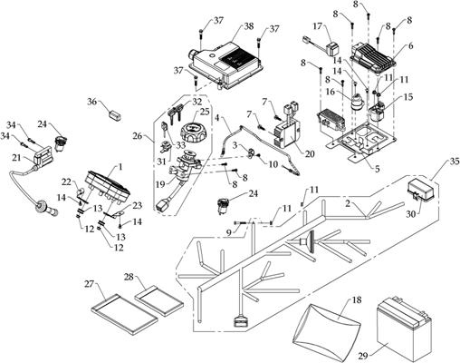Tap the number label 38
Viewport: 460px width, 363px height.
[x=248, y=25]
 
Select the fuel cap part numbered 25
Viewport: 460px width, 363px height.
[x=193, y=132]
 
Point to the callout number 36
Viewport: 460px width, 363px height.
[x=92, y=102]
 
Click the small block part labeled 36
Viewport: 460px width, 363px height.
[x=114, y=115]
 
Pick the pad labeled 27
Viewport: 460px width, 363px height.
[x=124, y=313]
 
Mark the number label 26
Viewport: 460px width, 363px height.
[x=138, y=136]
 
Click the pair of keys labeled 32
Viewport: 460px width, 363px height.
[x=174, y=114]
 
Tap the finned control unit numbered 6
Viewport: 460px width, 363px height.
[x=373, y=59]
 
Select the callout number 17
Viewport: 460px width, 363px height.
[x=318, y=26]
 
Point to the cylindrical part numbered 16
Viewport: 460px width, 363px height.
[x=357, y=103]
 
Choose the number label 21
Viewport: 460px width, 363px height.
[x=18, y=157]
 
